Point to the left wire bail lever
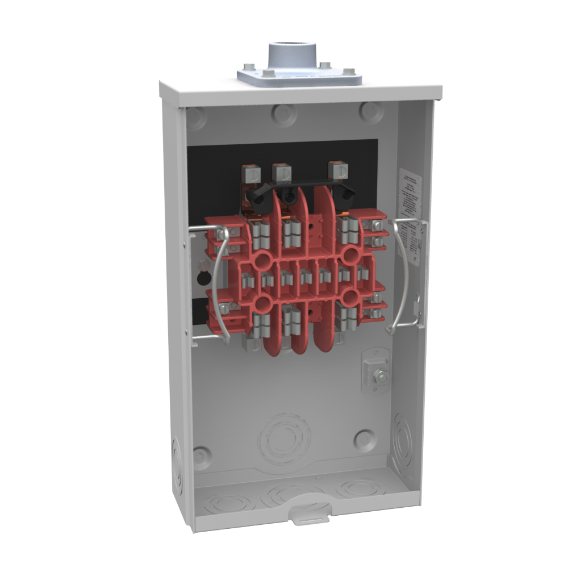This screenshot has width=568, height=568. coord(211,284)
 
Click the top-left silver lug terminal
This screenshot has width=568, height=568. coord(249,173)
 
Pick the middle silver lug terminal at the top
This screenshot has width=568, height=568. coord(281,172)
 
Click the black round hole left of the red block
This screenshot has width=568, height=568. coord(201,278)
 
